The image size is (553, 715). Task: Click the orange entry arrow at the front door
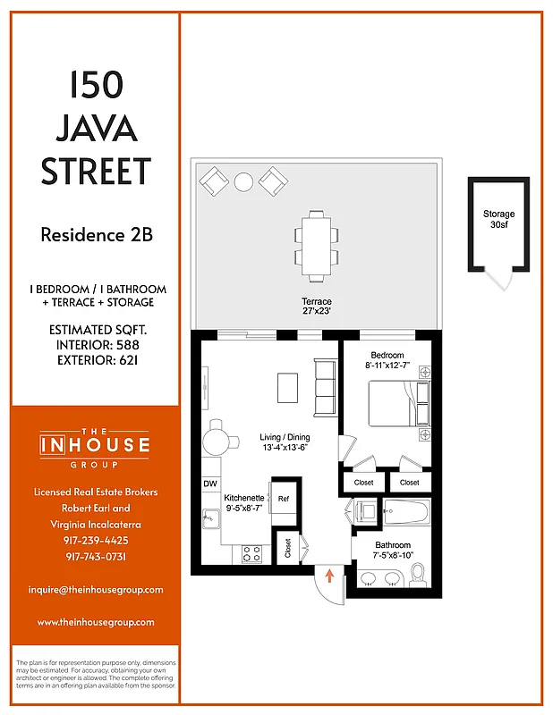coord(329,576)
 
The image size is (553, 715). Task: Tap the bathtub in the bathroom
coord(407,515)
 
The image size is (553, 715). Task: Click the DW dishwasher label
coord(210,484)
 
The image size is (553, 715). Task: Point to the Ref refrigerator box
coord(283,498)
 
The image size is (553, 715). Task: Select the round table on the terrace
coord(243,182)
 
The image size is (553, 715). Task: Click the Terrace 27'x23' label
coord(316,308)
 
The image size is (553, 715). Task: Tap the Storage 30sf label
coord(498,220)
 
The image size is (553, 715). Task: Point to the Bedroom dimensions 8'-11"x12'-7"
coord(387,366)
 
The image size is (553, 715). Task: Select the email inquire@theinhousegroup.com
coord(95,590)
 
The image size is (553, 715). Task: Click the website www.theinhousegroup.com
coord(95,622)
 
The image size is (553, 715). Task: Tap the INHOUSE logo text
coord(95,444)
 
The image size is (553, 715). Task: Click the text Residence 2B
coord(96,236)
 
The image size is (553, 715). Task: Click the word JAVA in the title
coord(96,129)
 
